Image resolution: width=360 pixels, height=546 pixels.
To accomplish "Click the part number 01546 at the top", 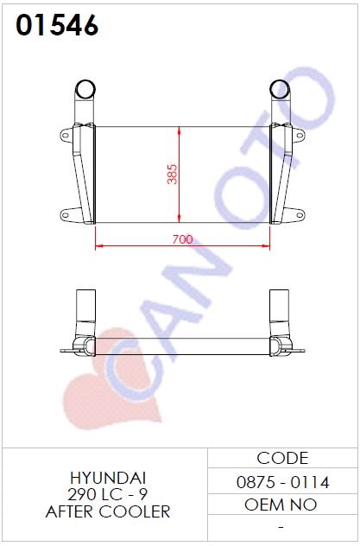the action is [x=57, y=25].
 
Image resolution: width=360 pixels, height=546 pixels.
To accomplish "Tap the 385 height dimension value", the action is [x=172, y=175].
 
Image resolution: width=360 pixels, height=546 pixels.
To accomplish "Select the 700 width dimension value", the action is [x=182, y=239].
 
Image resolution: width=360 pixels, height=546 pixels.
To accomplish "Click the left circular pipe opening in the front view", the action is [x=85, y=89].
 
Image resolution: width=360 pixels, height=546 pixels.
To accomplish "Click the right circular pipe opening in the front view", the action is [x=280, y=89].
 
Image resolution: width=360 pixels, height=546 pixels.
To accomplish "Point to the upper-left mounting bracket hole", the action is [x=65, y=135].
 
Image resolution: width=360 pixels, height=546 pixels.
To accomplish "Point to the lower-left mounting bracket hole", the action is [x=65, y=214].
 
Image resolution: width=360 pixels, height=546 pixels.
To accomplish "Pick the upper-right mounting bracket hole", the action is [x=300, y=135].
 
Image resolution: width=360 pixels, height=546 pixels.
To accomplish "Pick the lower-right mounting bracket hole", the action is [x=300, y=214].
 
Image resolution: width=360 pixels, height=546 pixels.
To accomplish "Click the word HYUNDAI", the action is [x=108, y=479].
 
